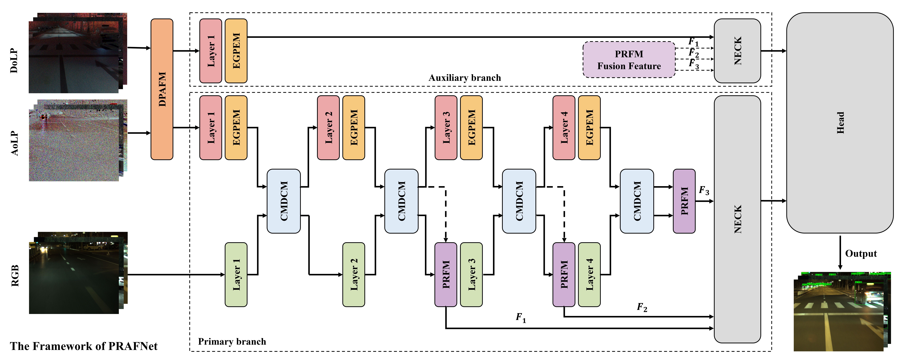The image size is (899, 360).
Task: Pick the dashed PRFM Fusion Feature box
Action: point(629,60)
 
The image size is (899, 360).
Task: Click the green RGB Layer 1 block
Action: point(236,274)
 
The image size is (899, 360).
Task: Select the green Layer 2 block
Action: point(353,274)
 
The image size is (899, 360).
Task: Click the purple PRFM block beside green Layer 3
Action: point(446,274)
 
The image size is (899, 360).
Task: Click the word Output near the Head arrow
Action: point(861,253)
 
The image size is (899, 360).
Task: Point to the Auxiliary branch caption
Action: point(465,77)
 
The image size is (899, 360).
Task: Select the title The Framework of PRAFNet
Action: point(84,346)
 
